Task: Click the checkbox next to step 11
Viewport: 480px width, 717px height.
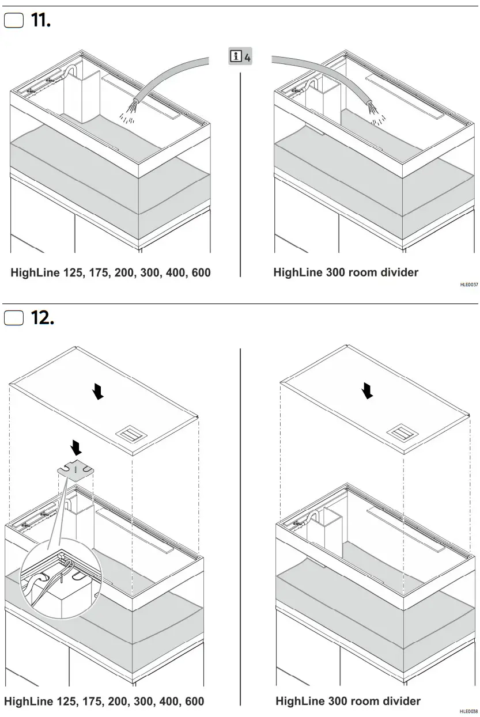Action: pos(14,21)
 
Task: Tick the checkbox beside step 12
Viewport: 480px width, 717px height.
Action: pos(14,317)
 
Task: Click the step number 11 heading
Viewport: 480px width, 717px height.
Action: pos(41,21)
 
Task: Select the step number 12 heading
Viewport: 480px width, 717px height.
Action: pos(43,317)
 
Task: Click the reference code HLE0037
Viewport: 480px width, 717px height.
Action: pos(468,284)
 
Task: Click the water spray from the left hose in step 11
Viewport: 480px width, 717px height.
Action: pos(129,113)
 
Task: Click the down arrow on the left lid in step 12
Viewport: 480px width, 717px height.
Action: pos(99,392)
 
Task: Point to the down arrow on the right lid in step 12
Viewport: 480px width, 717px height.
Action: pos(367,392)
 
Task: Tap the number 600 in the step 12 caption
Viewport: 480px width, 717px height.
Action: pos(193,701)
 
